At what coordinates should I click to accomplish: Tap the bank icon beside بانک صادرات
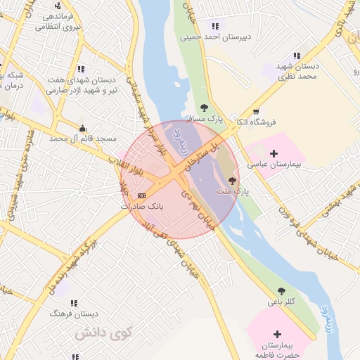(x=143, y=195)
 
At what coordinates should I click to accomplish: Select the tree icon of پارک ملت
(x=233, y=181)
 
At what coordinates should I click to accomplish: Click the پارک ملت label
(x=240, y=191)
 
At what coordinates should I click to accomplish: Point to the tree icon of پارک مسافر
(x=204, y=108)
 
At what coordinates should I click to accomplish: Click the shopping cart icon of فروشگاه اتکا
(x=255, y=111)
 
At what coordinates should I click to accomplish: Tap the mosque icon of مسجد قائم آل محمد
(x=84, y=128)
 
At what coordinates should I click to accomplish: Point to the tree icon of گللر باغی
(x=281, y=290)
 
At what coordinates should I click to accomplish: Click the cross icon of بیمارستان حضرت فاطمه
(x=277, y=333)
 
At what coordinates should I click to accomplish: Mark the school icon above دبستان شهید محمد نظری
(x=297, y=56)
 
